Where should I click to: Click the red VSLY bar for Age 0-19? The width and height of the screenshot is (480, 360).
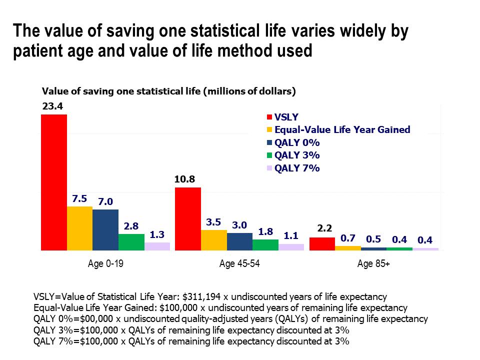tap(54, 182)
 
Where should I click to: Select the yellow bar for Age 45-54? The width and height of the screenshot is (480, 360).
tap(213, 240)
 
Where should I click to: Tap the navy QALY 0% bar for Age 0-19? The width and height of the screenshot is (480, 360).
tap(105, 229)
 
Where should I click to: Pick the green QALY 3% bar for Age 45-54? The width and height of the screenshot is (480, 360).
tap(265, 244)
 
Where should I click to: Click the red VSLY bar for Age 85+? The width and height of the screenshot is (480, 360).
tap(322, 243)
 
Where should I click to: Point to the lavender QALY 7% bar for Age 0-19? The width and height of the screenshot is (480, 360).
tap(157, 246)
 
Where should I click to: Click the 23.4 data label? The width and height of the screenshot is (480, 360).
tap(51, 106)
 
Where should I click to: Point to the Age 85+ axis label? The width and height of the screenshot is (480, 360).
tap(373, 263)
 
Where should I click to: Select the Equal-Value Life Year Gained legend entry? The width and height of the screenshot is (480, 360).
tap(342, 129)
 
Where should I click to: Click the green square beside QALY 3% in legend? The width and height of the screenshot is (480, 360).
tap(269, 155)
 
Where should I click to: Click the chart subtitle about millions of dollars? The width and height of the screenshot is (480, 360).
tap(169, 91)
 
